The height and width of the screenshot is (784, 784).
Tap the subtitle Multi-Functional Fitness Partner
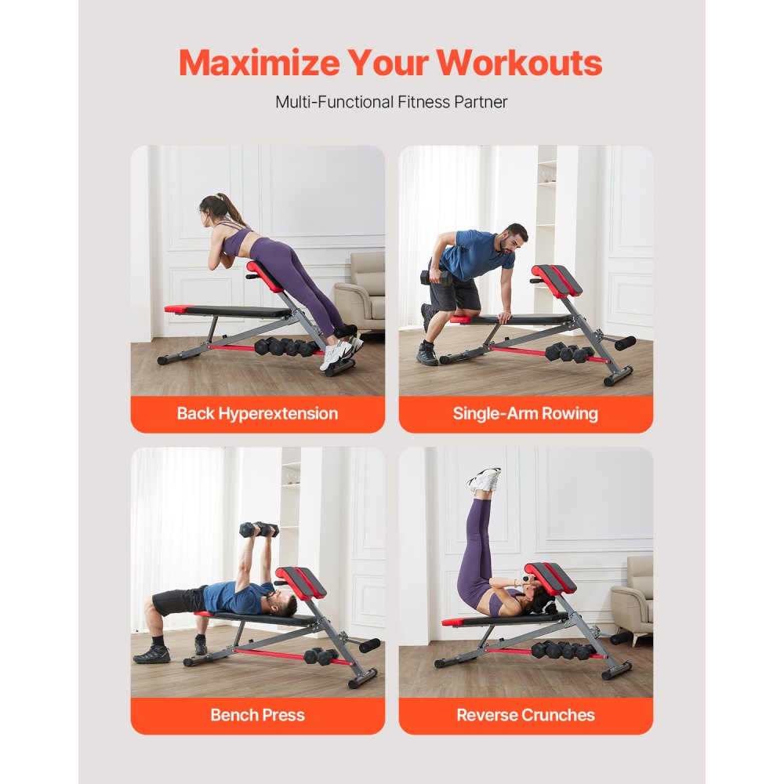coord(391,102)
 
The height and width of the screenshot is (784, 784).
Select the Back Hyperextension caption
coord(257,414)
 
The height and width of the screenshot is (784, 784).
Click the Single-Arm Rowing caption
coord(525,414)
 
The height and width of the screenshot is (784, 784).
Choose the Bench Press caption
coord(257,715)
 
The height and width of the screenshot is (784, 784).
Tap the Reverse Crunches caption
coord(525,715)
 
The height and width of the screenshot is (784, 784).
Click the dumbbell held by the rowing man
coord(434,277)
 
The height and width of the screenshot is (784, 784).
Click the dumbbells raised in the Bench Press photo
coord(259,529)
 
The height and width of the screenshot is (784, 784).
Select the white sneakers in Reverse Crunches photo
coord(484,479)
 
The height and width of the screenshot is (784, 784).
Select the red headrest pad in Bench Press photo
coord(300,583)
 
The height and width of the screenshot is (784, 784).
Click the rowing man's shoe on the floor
coord(427,354)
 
